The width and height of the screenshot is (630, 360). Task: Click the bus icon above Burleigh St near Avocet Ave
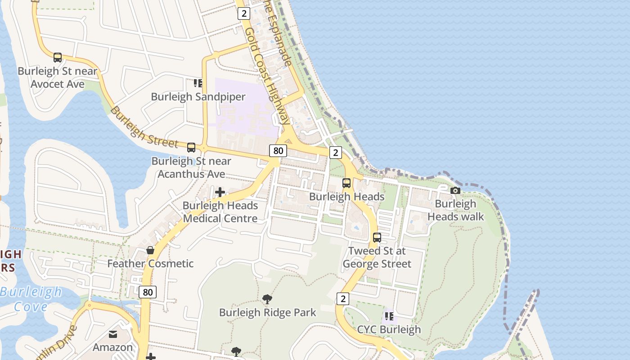(x=58, y=57)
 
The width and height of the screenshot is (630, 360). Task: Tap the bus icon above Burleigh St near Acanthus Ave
(x=191, y=147)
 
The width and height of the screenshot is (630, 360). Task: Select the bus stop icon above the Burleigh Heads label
(x=346, y=183)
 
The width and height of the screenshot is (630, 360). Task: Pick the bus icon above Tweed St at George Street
(x=377, y=237)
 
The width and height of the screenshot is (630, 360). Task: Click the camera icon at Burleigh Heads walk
(x=455, y=191)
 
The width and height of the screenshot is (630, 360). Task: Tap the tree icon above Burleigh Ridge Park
(x=267, y=299)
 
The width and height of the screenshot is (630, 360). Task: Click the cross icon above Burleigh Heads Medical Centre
(x=220, y=192)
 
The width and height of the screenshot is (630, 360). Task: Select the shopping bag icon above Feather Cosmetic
(x=150, y=250)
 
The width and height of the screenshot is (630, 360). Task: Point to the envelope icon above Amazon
(x=112, y=334)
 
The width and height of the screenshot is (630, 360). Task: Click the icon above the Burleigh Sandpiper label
(x=198, y=83)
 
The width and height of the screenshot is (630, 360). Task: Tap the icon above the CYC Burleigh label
(x=389, y=316)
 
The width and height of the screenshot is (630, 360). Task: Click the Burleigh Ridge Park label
(x=267, y=312)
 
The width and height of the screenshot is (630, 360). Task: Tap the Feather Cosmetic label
(x=150, y=263)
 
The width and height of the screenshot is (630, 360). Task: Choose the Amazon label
(x=112, y=347)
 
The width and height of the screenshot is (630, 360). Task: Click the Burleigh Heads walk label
(x=455, y=210)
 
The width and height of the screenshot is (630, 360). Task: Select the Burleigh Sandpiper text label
(x=198, y=97)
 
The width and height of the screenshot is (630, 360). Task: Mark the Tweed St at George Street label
(x=377, y=257)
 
